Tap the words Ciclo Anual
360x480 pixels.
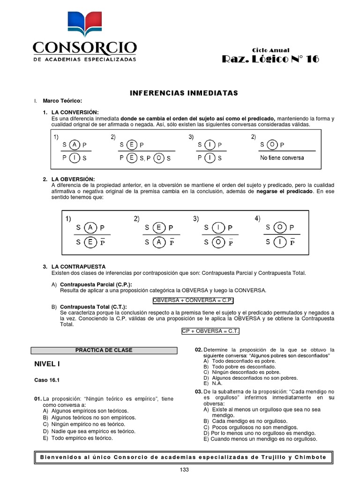pyautogui.click(x=270, y=50)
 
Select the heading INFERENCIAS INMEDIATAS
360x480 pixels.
pyautogui.click(x=184, y=93)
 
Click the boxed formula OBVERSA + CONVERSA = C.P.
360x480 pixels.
pyautogui.click(x=193, y=300)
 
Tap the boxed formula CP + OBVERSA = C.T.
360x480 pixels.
pyautogui.click(x=210, y=331)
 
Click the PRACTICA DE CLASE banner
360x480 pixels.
pyautogui.click(x=104, y=350)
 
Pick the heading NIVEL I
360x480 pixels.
pyautogui.click(x=47, y=364)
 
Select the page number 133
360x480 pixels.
pyautogui.click(x=184, y=470)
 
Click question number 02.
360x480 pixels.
pyautogui.click(x=198, y=350)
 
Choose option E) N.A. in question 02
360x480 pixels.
pyautogui.click(x=213, y=383)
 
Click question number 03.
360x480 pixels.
pyautogui.click(x=198, y=391)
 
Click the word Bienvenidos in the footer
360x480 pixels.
pyautogui.click(x=60, y=457)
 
